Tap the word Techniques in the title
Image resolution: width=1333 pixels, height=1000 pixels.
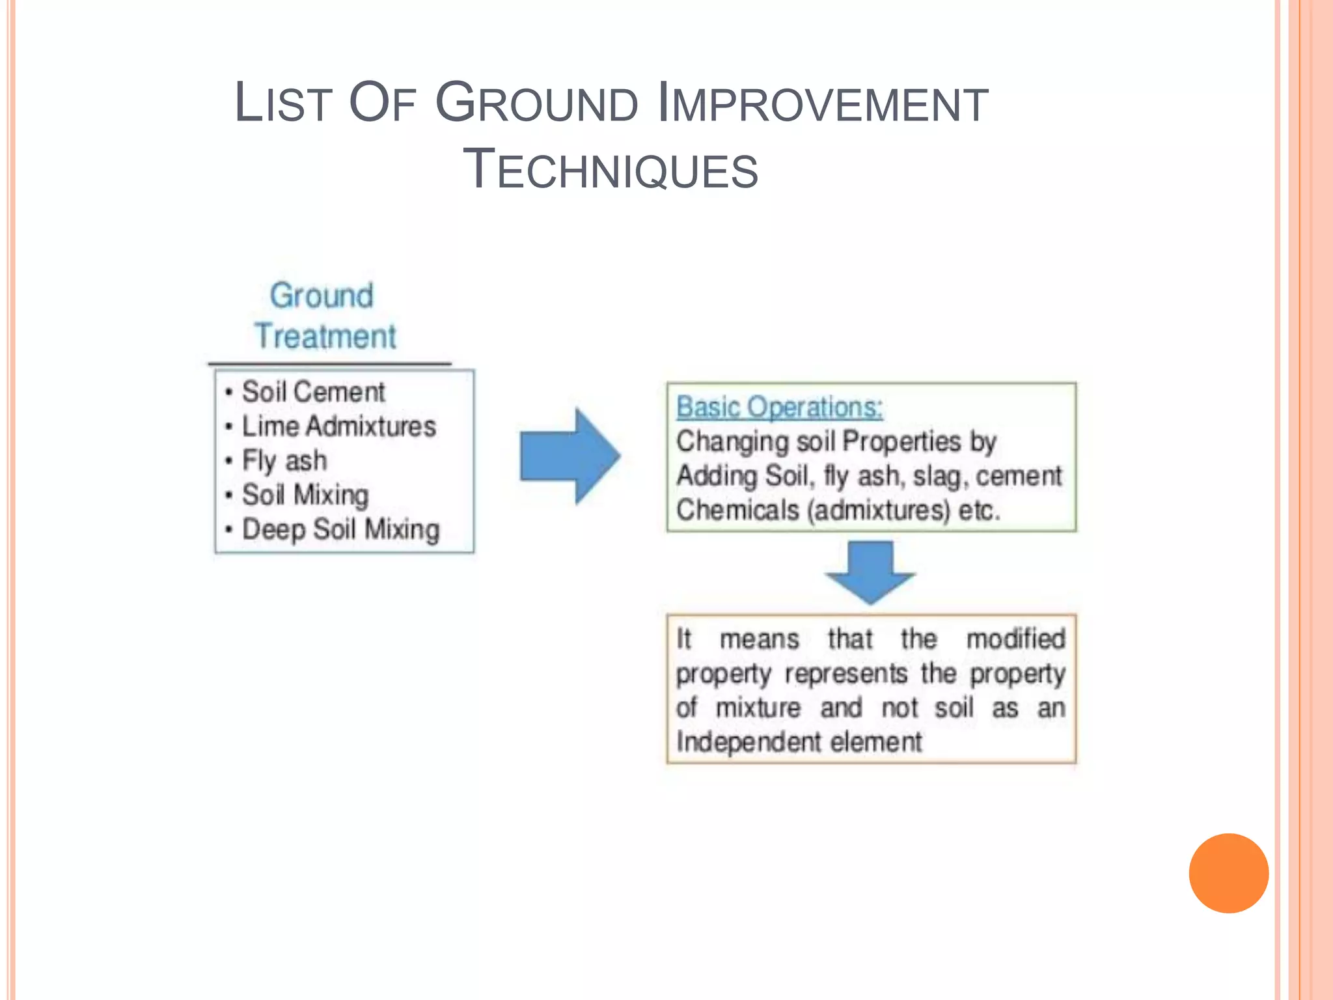click(610, 169)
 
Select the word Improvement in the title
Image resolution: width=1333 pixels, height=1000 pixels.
click(823, 103)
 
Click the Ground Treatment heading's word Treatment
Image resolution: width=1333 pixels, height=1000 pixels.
click(325, 337)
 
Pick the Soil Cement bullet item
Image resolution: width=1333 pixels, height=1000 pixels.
click(313, 392)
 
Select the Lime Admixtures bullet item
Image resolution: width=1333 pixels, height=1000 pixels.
click(338, 426)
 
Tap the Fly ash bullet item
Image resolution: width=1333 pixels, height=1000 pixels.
click(284, 461)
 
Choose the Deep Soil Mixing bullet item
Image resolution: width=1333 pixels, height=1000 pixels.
click(340, 529)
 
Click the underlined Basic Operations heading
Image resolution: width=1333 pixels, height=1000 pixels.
click(779, 408)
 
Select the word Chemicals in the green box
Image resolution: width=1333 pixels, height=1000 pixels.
click(737, 510)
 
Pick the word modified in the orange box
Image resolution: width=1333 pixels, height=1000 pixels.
click(1015, 639)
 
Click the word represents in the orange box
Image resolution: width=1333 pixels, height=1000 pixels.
click(845, 673)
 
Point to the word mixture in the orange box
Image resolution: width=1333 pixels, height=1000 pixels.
click(758, 708)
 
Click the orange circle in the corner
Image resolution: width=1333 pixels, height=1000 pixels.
click(1228, 873)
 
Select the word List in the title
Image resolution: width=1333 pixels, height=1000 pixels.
click(283, 103)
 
